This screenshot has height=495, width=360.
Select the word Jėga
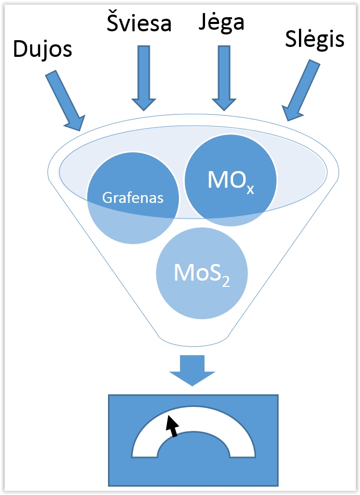(x=222, y=23)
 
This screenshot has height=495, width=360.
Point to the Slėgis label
(x=315, y=39)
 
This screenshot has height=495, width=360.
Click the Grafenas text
(x=133, y=198)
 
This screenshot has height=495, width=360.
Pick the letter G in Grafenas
(x=106, y=198)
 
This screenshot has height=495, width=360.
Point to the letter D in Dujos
(x=19, y=50)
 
